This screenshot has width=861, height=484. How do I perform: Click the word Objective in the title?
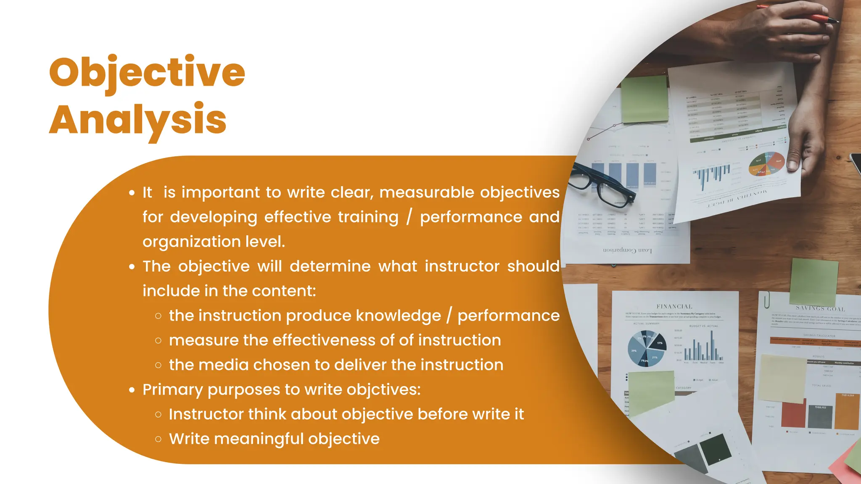coord(147,72)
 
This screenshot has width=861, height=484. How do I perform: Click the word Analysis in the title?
coord(138,120)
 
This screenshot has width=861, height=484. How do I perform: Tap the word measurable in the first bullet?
coord(427,192)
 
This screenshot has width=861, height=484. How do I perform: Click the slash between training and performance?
coord(409,217)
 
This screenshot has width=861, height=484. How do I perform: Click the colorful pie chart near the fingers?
coord(766,164)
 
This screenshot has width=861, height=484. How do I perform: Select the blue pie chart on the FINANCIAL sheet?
coord(647,348)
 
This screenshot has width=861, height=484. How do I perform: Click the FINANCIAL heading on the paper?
coord(674,307)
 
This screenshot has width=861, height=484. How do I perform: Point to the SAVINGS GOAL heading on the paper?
coord(820,308)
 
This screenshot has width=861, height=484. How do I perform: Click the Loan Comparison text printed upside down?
coord(627,250)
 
